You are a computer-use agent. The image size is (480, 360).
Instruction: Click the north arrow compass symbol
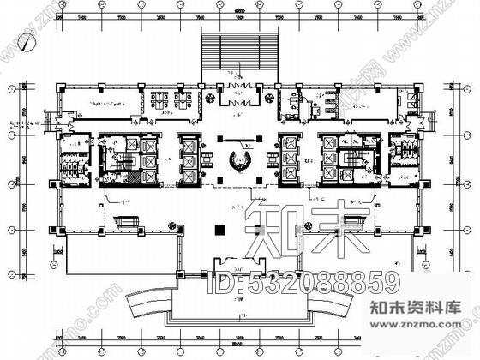[x=30, y=38]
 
